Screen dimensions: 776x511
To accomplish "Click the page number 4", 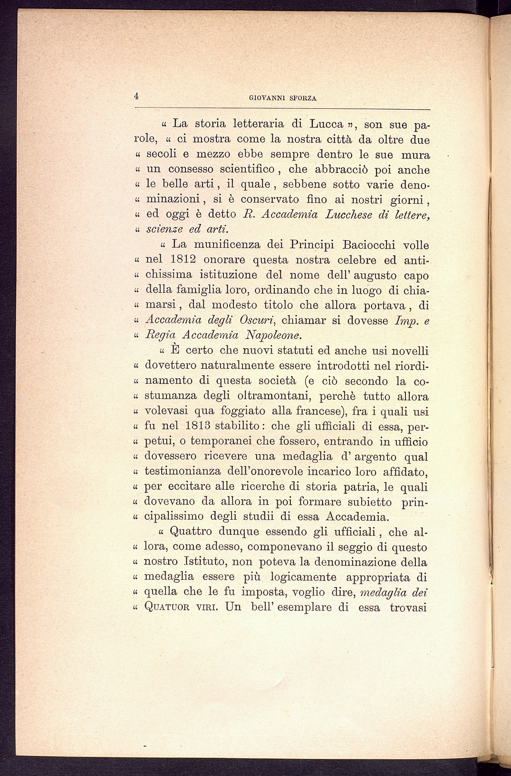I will (x=136, y=95).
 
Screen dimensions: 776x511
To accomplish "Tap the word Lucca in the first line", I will (x=327, y=124).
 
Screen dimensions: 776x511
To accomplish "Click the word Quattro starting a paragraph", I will (x=191, y=531).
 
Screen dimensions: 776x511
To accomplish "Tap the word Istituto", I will (x=208, y=562).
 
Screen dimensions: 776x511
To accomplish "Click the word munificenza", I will (x=222, y=245).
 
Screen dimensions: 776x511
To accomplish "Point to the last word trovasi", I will (x=408, y=608).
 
